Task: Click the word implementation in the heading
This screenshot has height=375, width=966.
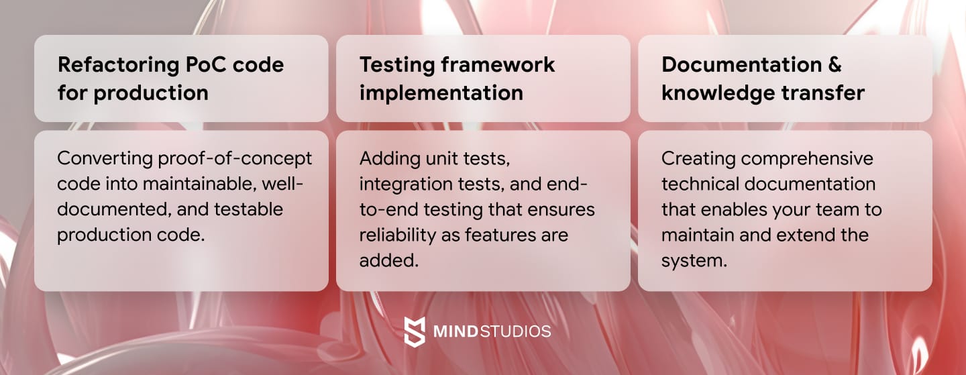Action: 441,93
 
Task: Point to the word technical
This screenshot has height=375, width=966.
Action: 700,184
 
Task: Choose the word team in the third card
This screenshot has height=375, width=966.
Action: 832,209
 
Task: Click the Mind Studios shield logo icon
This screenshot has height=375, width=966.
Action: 414,331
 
